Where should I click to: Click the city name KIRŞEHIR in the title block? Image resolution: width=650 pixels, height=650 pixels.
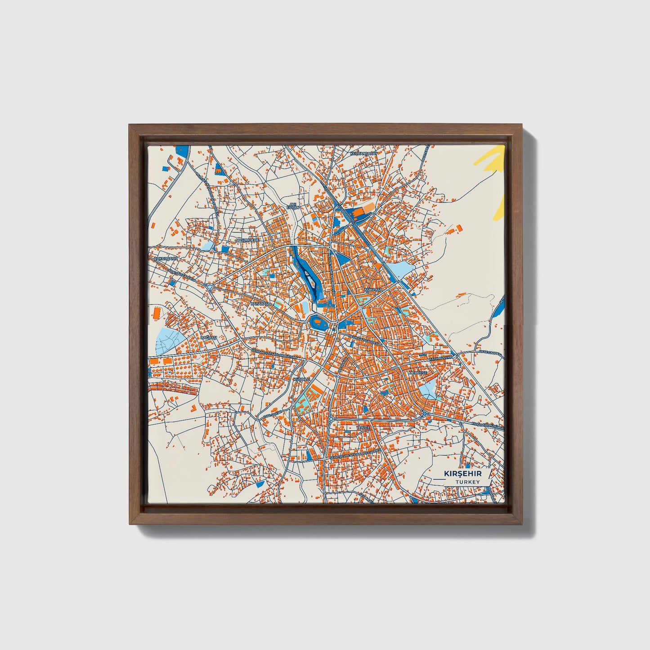point(463,474)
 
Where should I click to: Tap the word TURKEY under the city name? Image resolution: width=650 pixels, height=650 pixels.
point(466,482)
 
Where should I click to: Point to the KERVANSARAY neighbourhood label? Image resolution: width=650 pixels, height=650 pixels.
point(363,153)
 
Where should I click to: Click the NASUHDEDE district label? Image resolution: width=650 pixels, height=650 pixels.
point(247,240)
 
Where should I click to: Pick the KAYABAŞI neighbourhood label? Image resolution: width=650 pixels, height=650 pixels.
point(260,304)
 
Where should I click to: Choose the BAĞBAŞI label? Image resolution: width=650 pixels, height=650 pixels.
point(209,337)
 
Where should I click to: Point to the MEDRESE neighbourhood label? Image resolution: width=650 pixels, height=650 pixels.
point(417,373)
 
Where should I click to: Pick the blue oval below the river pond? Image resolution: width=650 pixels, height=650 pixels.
point(318,322)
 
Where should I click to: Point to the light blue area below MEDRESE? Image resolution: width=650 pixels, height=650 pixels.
point(428,388)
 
